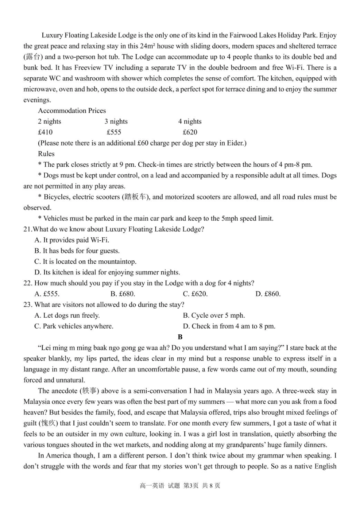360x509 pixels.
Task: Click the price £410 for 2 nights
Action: (x=45, y=132)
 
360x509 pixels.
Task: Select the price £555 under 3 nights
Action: (x=114, y=132)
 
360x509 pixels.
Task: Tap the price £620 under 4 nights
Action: (x=190, y=132)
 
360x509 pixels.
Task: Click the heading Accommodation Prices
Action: (x=72, y=111)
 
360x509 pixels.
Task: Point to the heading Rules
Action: (x=46, y=154)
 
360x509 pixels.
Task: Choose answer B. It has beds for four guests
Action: (x=77, y=251)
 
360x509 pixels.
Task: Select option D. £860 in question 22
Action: (x=268, y=294)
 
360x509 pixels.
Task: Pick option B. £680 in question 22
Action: (x=123, y=294)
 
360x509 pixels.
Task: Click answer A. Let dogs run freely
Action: (x=67, y=315)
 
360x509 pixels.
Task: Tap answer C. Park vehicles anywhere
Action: (x=74, y=326)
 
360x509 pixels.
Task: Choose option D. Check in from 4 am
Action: (x=229, y=326)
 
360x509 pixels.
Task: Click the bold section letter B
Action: (x=180, y=337)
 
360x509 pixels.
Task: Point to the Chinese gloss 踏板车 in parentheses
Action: (x=136, y=197)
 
